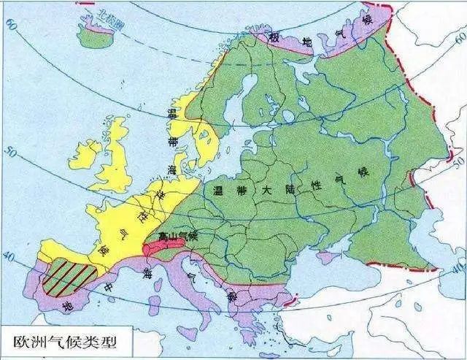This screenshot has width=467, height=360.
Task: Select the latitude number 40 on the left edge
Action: click(x=8, y=256)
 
